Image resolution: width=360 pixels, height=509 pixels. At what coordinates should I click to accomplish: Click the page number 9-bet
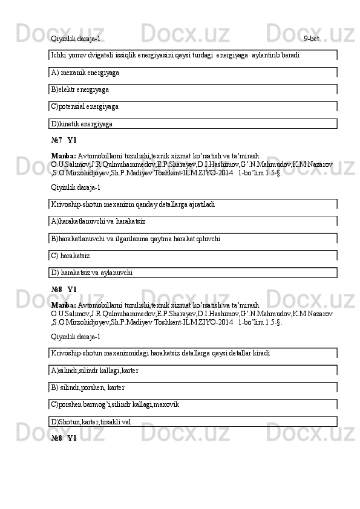pos(312,39)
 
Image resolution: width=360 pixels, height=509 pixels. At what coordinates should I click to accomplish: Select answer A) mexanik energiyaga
pos(85,73)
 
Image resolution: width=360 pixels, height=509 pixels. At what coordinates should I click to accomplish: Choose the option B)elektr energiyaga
pos(80,90)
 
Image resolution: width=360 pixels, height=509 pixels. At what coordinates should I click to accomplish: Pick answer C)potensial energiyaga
pos(85,107)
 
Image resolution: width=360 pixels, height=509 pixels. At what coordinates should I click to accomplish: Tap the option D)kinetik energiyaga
pos(82,124)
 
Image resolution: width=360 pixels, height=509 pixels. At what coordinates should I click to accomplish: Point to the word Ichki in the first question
pos(59,55)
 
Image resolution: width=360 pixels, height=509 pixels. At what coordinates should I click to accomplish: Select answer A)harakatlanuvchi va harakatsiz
pos(98,222)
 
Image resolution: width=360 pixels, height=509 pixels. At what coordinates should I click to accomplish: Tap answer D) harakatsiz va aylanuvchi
pos(92,273)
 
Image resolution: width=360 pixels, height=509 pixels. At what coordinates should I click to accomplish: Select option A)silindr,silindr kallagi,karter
pos(94,371)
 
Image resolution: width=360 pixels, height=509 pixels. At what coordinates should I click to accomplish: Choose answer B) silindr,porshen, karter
pos(88,387)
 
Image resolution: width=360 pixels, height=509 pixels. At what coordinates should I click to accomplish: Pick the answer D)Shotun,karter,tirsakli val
pos(91,421)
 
